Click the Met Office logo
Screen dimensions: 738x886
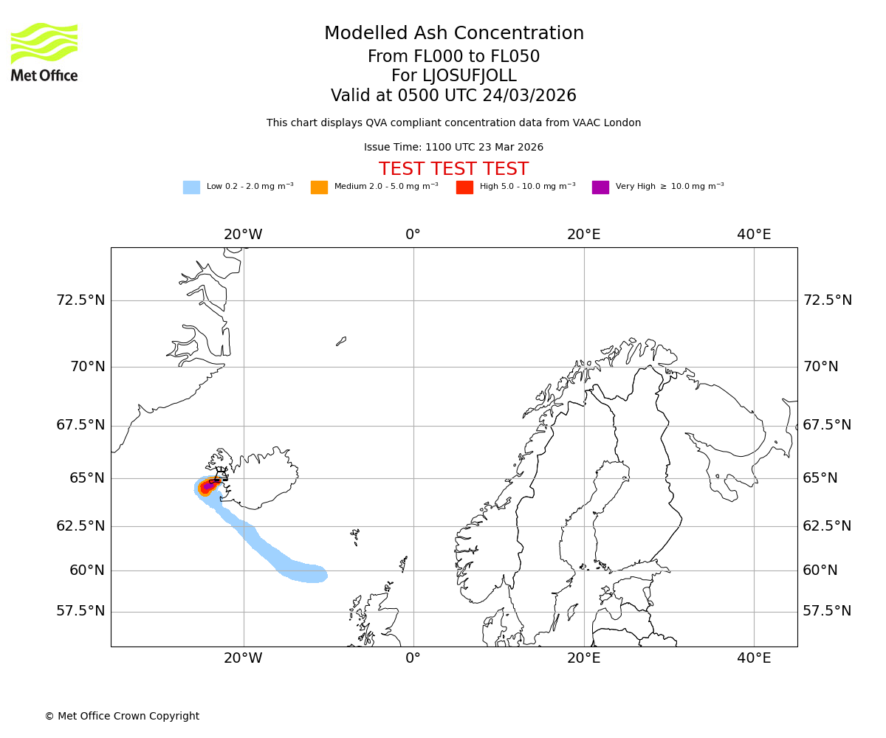[44, 52]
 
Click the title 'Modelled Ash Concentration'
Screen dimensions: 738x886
[454, 34]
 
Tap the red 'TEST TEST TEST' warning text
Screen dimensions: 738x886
[454, 169]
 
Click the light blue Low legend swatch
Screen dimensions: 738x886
[191, 187]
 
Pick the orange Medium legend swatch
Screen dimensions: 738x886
[319, 187]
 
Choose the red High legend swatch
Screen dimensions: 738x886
[464, 187]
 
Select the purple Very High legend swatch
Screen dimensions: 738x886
[600, 187]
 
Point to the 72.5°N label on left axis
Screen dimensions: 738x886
[80, 300]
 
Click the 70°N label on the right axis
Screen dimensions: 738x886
[820, 367]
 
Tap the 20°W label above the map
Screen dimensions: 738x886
[243, 235]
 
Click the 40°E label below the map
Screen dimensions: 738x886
[754, 658]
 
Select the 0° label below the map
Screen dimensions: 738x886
[413, 658]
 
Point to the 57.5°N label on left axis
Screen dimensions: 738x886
[80, 611]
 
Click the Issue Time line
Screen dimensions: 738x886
[454, 148]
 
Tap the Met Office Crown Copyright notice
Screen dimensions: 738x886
[122, 717]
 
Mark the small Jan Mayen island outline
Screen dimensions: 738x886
[341, 341]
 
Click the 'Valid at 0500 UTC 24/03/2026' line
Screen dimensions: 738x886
[454, 96]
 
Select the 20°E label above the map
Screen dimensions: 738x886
[584, 235]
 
